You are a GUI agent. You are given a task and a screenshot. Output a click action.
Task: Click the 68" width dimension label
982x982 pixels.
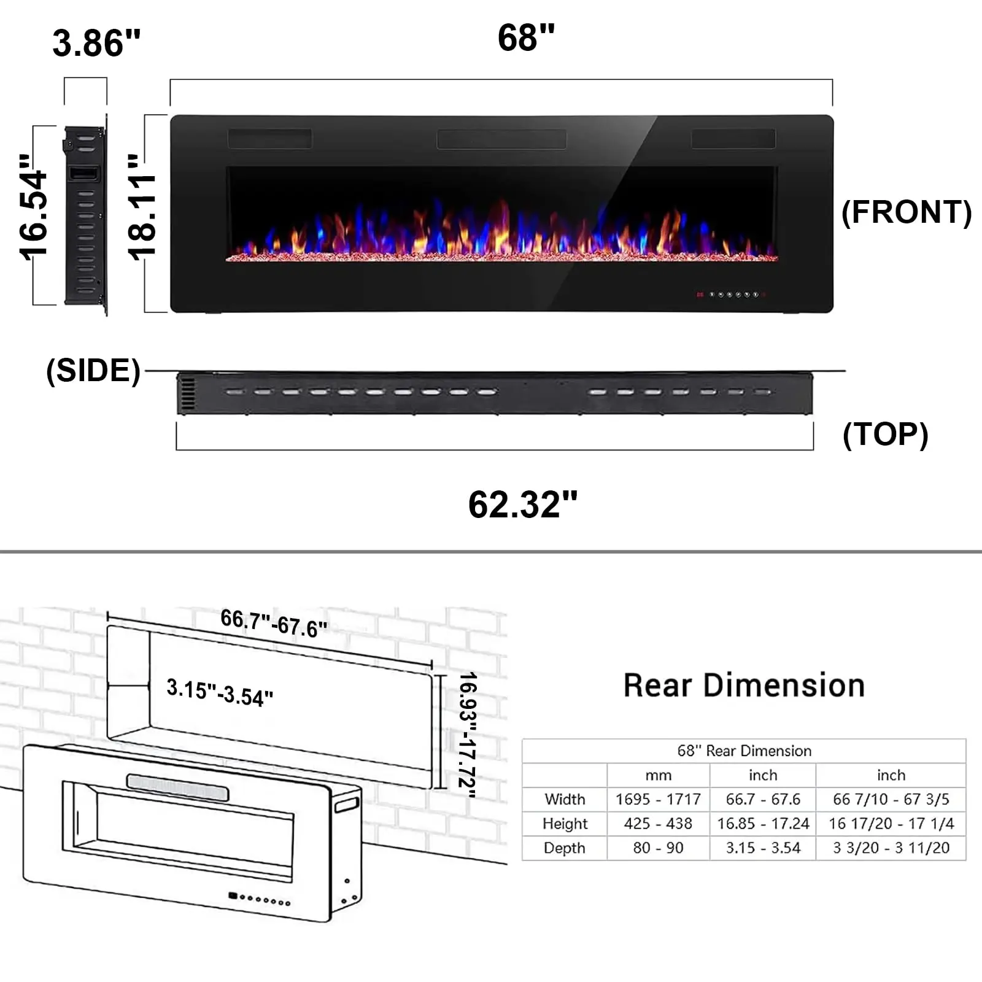pos(526,38)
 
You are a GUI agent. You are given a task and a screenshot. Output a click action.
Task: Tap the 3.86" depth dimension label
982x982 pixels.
pos(96,43)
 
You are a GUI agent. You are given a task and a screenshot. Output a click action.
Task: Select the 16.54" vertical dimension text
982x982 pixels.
pos(34,207)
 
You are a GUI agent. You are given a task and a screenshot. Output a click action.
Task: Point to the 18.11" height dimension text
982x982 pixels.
pos(142,207)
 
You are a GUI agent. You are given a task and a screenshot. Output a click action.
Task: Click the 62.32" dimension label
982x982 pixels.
pos(523,505)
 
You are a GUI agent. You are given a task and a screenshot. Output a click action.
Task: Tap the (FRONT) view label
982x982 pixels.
pos(907,212)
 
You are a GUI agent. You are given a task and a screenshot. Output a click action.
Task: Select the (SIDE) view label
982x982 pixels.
pos(93,371)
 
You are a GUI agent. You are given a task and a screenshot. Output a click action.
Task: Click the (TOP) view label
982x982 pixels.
pos(885,435)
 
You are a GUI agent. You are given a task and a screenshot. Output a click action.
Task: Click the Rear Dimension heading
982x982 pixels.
pos(744,686)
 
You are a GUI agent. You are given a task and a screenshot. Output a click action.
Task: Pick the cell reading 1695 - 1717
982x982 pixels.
pos(658,799)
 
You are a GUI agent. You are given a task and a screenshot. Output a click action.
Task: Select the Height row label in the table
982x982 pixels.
pos(565,824)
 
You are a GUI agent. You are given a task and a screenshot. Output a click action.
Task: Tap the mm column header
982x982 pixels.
pos(658,775)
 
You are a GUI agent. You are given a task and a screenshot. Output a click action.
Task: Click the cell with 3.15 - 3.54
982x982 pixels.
pos(763,848)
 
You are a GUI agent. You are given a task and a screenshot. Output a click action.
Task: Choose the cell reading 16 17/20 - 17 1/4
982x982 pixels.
pos(891,824)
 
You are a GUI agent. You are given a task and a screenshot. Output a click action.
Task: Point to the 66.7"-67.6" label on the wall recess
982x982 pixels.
pos(274,624)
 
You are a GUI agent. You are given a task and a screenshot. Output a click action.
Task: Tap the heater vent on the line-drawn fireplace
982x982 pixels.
pos(178,787)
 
